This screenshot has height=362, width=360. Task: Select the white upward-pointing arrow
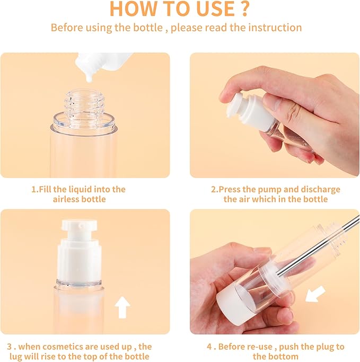click(x=123, y=307)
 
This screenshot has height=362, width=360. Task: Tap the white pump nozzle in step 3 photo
click(x=81, y=228)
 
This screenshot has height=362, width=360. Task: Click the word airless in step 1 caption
click(x=66, y=199)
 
